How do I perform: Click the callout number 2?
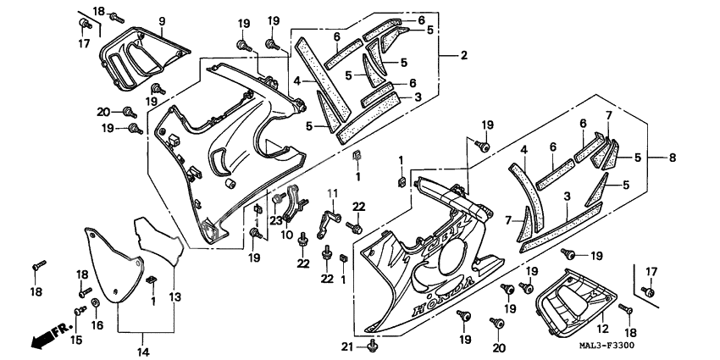point(463,56)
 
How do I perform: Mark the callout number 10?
point(287,234)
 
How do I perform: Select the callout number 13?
point(174,296)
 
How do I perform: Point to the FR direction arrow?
point(48,339)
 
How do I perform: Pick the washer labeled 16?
point(95,302)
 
